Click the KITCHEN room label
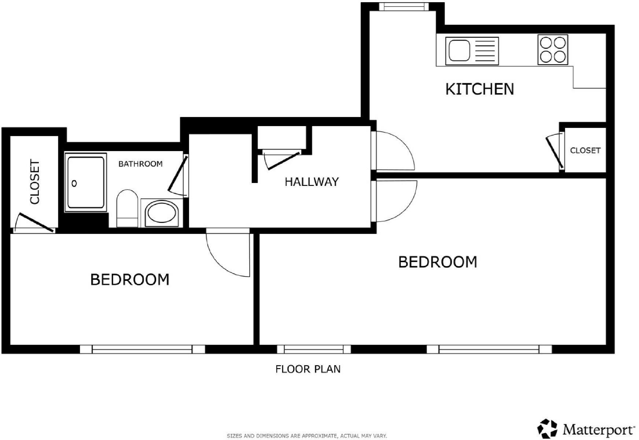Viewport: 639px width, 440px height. point(479,89)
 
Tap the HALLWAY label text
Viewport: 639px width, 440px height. point(311,182)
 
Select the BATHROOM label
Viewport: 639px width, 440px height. point(140,164)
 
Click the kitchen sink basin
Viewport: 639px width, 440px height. point(459,51)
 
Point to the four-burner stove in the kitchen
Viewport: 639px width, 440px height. point(553,50)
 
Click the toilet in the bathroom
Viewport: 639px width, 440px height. point(127,208)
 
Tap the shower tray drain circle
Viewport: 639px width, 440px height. point(74,184)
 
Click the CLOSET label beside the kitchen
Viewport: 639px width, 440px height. point(585,150)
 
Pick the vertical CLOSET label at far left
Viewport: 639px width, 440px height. point(35,181)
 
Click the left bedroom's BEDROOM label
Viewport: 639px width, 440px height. point(130,280)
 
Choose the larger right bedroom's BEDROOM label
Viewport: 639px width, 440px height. point(437,262)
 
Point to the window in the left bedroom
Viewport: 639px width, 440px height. point(142,349)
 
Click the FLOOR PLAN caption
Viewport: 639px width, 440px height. point(308,369)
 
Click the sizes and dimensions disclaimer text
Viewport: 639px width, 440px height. point(307,436)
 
